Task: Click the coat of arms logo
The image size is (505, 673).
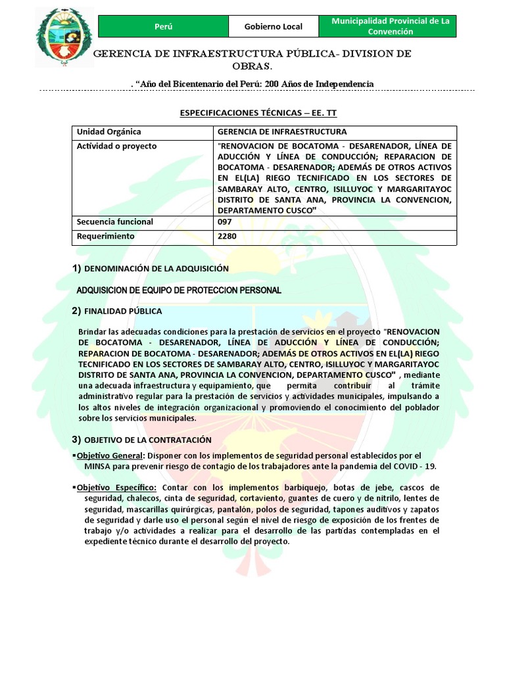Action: coord(64,38)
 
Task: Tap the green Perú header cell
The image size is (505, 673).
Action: coord(163,26)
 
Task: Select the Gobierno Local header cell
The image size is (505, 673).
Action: coord(273,26)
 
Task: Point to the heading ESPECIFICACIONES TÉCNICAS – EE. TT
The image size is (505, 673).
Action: coord(258,113)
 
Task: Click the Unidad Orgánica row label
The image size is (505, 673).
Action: coord(109,132)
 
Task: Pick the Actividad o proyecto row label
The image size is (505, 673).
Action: coord(117,147)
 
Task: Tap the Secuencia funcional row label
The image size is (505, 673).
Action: coord(115,221)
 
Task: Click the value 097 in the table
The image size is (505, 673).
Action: coord(224,221)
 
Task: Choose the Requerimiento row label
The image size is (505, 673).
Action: coord(106,235)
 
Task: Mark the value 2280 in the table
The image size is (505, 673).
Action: coord(226,235)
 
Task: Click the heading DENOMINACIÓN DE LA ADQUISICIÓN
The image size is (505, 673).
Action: coord(156,268)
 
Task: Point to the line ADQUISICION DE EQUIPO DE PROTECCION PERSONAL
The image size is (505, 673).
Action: coord(179,290)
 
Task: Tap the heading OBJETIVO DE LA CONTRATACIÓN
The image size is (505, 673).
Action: coord(148,439)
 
